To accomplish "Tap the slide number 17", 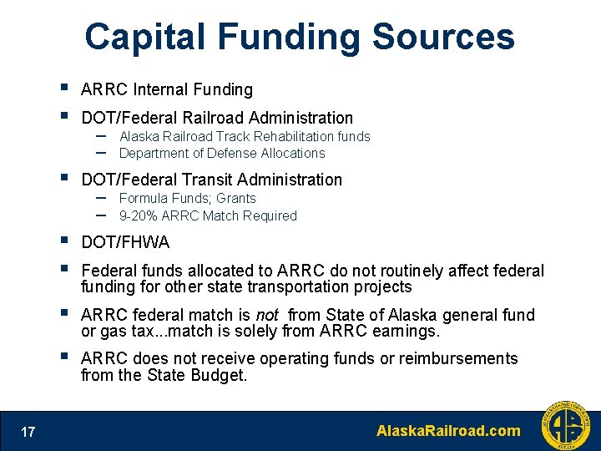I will (28, 432).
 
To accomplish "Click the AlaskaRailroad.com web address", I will (448, 431).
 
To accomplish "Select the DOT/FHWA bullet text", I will (125, 243).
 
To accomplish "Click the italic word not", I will (266, 315).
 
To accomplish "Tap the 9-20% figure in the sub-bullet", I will (139, 216).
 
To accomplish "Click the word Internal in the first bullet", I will (162, 89).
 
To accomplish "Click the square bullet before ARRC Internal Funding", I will (64, 88).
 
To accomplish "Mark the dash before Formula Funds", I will (100, 197).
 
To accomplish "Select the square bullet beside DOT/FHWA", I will (64, 241).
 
